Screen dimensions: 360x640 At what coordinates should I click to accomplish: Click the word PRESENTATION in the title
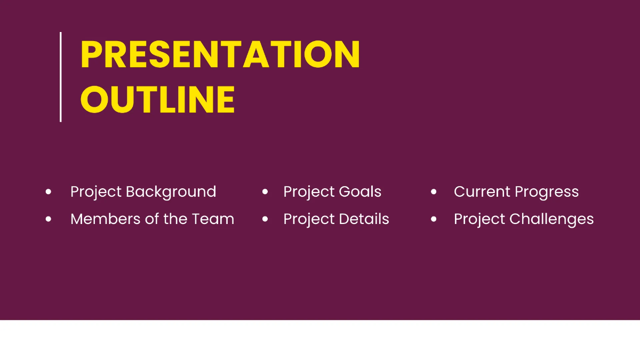[220, 54]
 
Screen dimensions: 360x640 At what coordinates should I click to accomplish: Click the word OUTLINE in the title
[158, 99]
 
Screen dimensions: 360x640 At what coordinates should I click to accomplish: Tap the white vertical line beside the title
[60, 77]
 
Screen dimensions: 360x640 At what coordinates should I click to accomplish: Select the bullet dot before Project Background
[49, 191]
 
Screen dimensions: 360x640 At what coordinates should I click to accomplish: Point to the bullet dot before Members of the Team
[49, 219]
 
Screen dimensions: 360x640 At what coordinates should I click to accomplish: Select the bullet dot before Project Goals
[265, 191]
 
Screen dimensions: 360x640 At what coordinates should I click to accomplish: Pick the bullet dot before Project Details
[265, 219]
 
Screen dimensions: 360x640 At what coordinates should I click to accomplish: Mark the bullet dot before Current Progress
[434, 191]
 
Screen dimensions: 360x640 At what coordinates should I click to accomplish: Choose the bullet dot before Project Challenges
[434, 219]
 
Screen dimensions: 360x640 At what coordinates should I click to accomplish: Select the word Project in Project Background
[96, 191]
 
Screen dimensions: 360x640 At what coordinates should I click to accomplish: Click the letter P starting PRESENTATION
[91, 54]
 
